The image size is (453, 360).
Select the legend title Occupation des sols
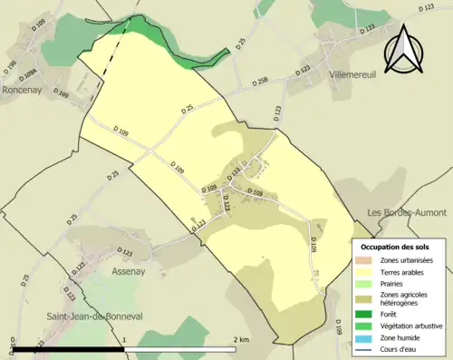click(x=395, y=247)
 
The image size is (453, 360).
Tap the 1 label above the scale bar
click(x=123, y=339)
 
